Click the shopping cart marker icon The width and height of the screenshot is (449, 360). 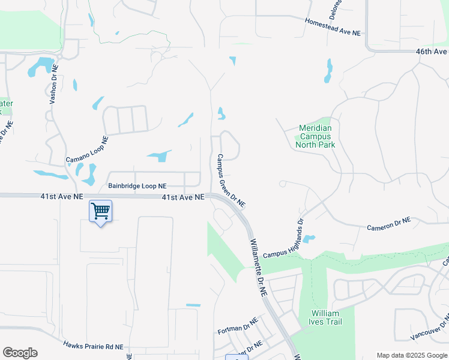tap(100, 211)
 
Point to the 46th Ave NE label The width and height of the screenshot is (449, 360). tap(432, 52)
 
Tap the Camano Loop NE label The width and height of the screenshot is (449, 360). tap(86, 149)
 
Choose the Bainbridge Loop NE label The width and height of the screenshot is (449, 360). tap(137, 186)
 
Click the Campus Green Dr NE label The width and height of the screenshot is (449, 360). tap(231, 180)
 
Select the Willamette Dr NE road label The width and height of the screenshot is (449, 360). tap(258, 268)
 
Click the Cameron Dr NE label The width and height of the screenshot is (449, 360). tap(388, 224)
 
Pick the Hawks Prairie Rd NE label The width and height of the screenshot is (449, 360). tap(93, 346)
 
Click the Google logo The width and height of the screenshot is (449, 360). tap(20, 353)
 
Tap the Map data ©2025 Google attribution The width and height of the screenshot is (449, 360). tap(411, 355)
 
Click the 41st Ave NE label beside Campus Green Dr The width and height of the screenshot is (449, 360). tap(183, 197)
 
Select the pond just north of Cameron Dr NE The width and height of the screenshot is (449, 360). tap(309, 239)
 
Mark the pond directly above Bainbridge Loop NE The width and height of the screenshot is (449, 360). tap(158, 156)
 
